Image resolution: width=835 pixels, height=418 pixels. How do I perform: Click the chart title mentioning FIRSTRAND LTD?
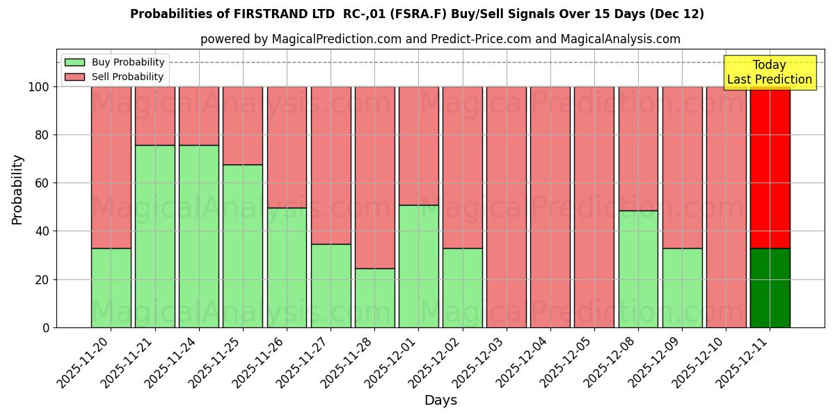tap(417, 14)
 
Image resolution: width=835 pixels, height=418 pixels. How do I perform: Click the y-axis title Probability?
tap(17, 189)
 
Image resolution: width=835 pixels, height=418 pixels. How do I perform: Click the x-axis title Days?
tap(440, 400)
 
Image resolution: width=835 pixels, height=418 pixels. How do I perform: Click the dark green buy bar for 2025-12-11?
tap(770, 288)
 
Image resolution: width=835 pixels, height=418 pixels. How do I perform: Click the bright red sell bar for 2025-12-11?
tap(770, 167)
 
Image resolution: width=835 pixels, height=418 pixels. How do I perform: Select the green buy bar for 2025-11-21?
tap(155, 236)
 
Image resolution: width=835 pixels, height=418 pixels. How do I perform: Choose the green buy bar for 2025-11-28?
tap(375, 297)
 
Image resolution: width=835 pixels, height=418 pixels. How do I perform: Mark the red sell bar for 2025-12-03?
tap(507, 207)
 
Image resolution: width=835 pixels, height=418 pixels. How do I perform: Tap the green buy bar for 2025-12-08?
tap(638, 269)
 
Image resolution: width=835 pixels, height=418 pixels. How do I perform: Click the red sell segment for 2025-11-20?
tap(111, 167)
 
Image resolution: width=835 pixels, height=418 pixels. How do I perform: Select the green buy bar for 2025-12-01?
tap(419, 266)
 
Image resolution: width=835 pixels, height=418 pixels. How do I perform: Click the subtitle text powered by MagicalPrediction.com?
tap(440, 39)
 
